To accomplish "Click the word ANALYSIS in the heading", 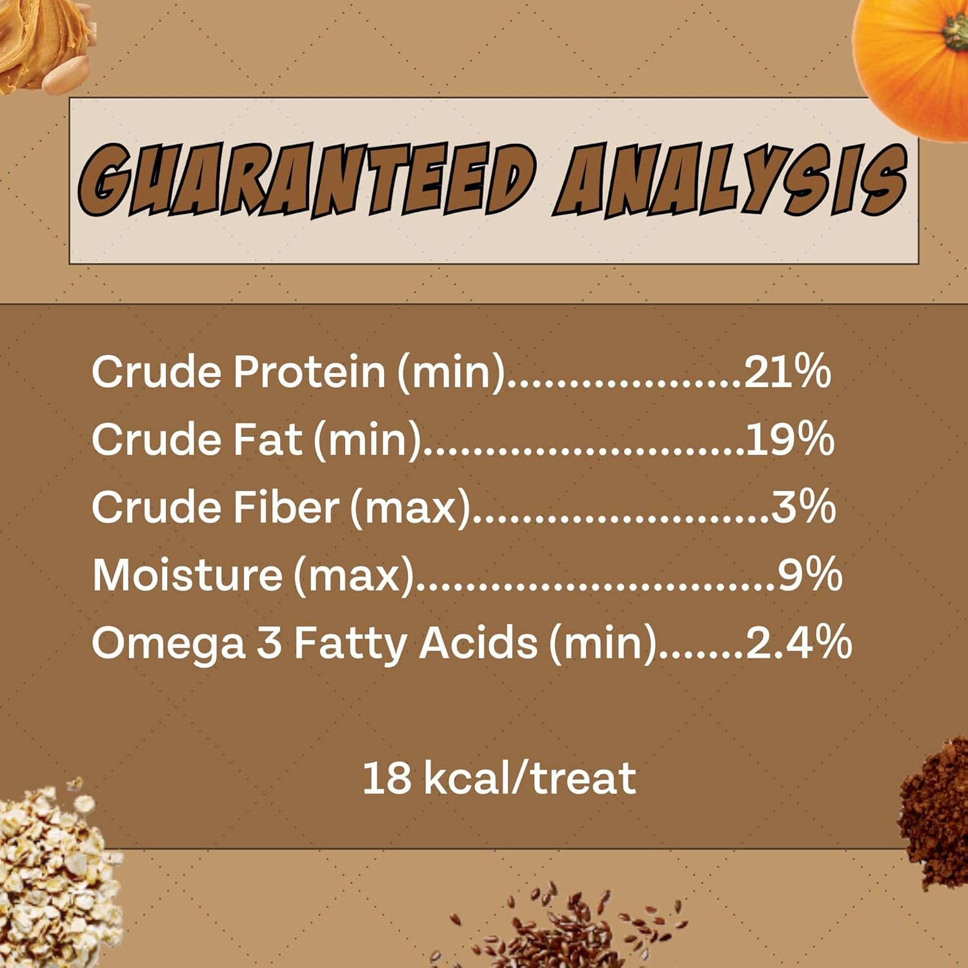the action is click(730, 180).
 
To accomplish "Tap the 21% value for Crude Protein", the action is click(787, 372).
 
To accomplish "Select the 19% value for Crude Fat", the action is click(790, 439).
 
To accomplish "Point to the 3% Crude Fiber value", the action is click(803, 507).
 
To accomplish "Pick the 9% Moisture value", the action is click(809, 574).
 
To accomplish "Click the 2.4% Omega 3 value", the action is click(799, 642).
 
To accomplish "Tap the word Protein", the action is click(309, 372).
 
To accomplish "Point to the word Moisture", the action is click(187, 574).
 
